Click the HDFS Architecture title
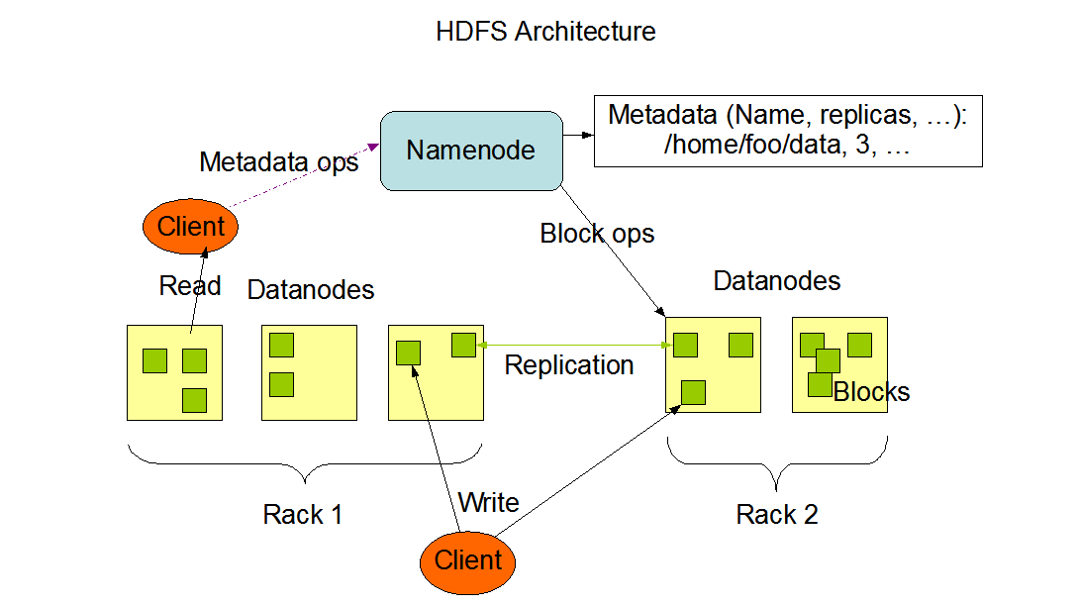pyautogui.click(x=545, y=32)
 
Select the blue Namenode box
pyautogui.click(x=472, y=151)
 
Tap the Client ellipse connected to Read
pyautogui.click(x=190, y=227)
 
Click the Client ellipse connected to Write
pyautogui.click(x=467, y=562)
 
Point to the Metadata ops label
pyautogui.click(x=279, y=163)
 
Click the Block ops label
pyautogui.click(x=597, y=235)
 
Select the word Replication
pyautogui.click(x=569, y=365)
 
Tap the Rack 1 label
pyautogui.click(x=302, y=515)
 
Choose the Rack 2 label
pyautogui.click(x=777, y=515)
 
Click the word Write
pyautogui.click(x=488, y=502)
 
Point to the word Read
pyautogui.click(x=190, y=286)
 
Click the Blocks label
pyautogui.click(x=871, y=392)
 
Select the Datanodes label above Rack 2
pyautogui.click(x=777, y=281)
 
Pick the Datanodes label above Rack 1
pyautogui.click(x=311, y=290)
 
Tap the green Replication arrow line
pyautogui.click(x=574, y=346)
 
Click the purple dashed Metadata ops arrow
pyautogui.click(x=305, y=175)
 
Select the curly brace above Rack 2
pyautogui.click(x=777, y=463)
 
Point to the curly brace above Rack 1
pyautogui.click(x=305, y=463)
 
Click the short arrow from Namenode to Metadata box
pyautogui.click(x=578, y=135)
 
